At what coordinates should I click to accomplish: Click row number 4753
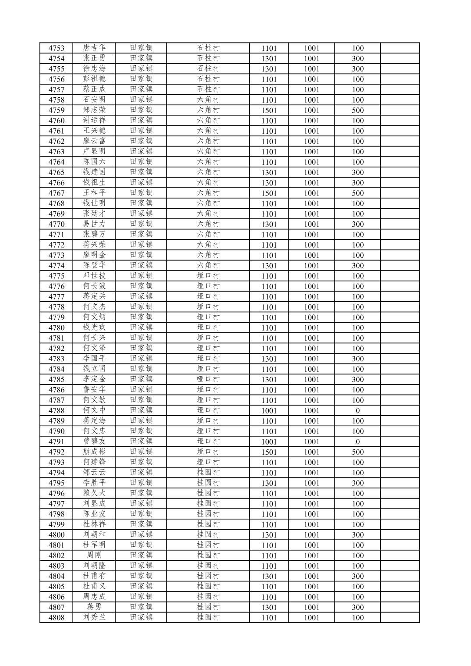click(56, 48)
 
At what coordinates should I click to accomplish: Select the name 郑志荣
click(94, 110)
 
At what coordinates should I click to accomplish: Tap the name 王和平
click(94, 193)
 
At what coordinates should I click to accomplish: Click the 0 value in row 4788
click(358, 411)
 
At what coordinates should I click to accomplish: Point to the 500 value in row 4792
click(358, 452)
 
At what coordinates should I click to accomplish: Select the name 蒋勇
click(94, 607)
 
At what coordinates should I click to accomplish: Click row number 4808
click(56, 618)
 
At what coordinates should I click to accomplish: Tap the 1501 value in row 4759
click(269, 110)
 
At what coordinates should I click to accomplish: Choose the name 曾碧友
click(94, 442)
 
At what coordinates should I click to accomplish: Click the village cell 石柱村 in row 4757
click(208, 89)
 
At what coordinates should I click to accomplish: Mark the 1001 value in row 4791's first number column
click(269, 442)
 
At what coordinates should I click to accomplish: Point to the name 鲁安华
click(94, 390)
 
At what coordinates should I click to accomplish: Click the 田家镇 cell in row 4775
click(141, 276)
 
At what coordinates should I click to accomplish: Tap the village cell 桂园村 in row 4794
click(208, 473)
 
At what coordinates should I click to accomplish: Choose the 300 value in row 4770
click(358, 224)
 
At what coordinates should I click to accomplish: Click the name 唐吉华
click(94, 48)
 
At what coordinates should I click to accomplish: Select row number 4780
click(56, 328)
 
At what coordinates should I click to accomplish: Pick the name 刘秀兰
click(94, 618)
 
